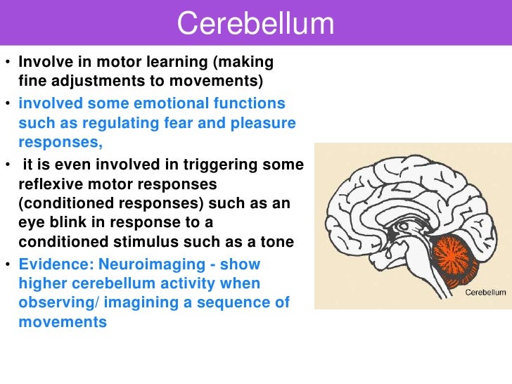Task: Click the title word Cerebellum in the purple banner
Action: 255,25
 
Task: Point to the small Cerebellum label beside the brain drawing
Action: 486,293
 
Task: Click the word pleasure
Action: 262,123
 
